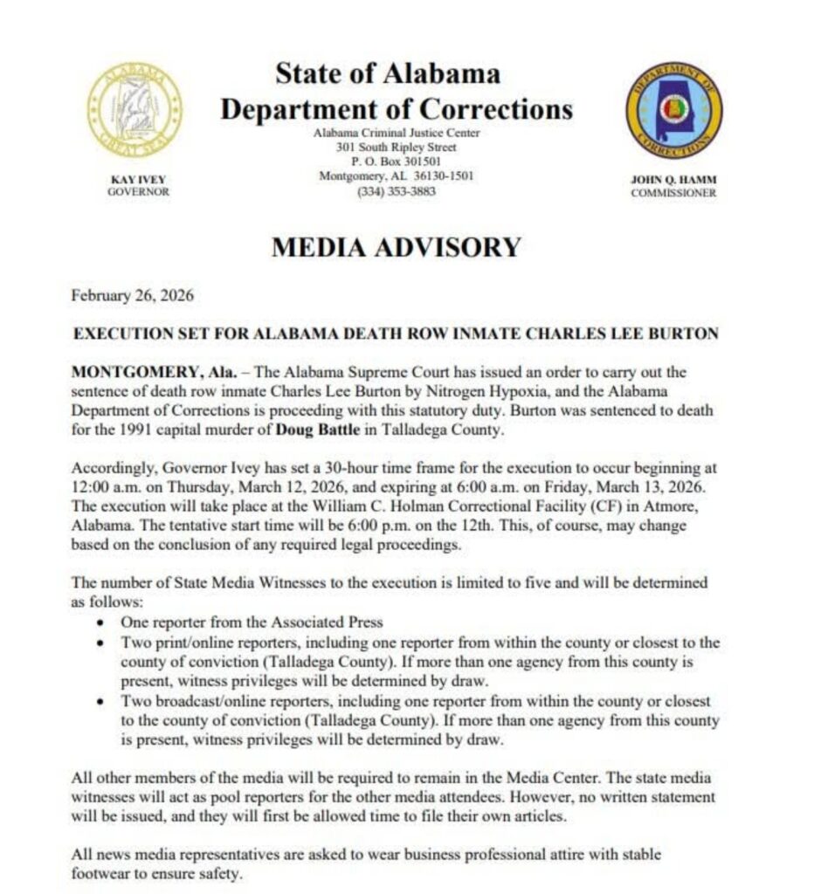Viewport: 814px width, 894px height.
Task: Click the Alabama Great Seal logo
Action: [135, 110]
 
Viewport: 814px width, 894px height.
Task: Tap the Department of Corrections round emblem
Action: [673, 110]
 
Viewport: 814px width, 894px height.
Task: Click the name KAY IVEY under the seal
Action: [137, 180]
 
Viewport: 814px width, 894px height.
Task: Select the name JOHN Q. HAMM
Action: [673, 180]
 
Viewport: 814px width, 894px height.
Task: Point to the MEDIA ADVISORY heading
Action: [396, 248]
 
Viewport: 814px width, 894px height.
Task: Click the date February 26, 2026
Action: [133, 295]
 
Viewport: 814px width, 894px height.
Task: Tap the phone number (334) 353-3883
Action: [396, 192]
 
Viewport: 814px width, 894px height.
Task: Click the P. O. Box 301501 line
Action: [396, 162]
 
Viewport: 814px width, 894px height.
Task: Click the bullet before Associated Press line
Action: [103, 623]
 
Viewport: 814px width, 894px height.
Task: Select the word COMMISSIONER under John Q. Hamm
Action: [673, 193]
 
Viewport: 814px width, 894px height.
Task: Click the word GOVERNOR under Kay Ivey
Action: [137, 192]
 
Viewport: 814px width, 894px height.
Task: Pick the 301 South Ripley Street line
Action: [396, 148]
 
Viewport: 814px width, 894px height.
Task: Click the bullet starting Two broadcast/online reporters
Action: [103, 702]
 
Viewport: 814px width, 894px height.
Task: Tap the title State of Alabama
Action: [388, 73]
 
